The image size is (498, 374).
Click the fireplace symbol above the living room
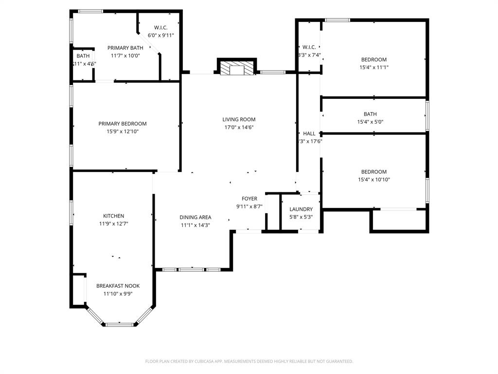[x=236, y=68]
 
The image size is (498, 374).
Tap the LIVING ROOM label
[x=239, y=119]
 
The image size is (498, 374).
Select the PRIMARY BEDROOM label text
[x=122, y=124]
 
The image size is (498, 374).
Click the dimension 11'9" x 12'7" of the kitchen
[x=113, y=224]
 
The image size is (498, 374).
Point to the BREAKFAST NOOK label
[x=118, y=286]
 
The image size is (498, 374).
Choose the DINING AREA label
[x=195, y=217]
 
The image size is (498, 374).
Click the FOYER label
[x=249, y=199]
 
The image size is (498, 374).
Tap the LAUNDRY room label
[x=301, y=209]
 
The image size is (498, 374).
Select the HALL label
[x=309, y=133]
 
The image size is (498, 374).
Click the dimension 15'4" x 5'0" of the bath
[x=373, y=122]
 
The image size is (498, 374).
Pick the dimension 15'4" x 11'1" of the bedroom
[x=373, y=68]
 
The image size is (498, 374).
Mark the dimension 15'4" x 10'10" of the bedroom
[x=373, y=180]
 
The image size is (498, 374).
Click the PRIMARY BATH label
[x=125, y=48]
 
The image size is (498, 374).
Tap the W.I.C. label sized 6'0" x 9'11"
[x=161, y=35]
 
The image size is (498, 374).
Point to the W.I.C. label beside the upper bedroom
[x=309, y=47]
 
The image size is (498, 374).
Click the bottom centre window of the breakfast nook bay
[x=120, y=324]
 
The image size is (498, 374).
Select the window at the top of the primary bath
[x=90, y=11]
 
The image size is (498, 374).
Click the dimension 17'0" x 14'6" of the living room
[x=239, y=127]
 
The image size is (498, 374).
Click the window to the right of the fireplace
[x=272, y=72]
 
